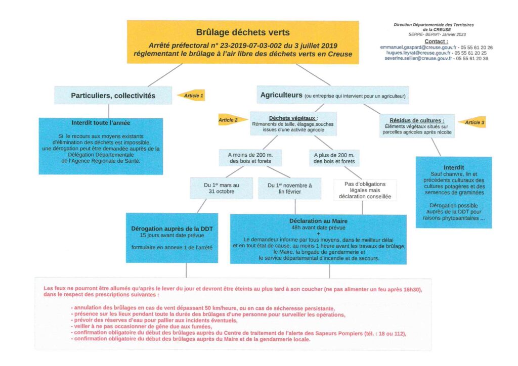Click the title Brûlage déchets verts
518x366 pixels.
[x=243, y=32]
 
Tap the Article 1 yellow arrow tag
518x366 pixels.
[x=191, y=95]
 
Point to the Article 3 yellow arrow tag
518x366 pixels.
[x=472, y=122]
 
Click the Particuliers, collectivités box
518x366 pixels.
[x=113, y=95]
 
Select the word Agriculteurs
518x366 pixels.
[x=281, y=95]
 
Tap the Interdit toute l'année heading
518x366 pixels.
[x=101, y=123]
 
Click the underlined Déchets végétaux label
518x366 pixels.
[x=286, y=118]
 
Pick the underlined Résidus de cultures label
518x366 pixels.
[x=417, y=120]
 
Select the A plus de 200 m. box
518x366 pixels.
[x=334, y=158]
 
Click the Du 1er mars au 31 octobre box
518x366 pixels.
[x=221, y=188]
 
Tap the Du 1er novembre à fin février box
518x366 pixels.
[x=289, y=188]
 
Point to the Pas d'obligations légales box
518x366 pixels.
[x=364, y=190]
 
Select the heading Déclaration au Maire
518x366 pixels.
[x=318, y=221]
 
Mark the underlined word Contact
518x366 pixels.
[x=436, y=41]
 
